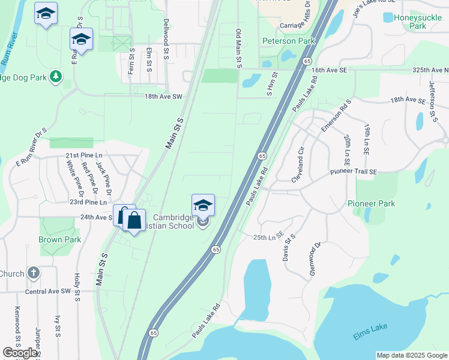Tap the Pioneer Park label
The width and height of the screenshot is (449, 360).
coord(372,203)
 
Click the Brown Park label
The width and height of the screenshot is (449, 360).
coord(59,239)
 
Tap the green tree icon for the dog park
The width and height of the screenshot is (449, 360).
coord(55,76)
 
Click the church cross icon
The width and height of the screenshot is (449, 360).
coord(34,273)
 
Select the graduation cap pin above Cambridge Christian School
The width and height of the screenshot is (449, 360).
coord(203,206)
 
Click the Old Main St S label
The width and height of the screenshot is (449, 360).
coord(239,47)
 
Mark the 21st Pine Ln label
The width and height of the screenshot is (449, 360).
coord(85,155)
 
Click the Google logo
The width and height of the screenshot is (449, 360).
coord(20,353)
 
